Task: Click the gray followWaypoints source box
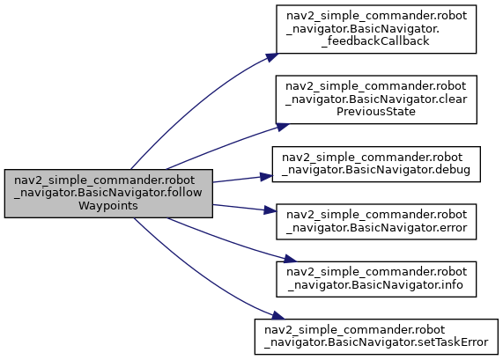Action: (x=108, y=194)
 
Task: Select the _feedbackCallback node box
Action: (x=376, y=29)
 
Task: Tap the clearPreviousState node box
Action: (x=376, y=99)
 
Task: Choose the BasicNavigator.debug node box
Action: (x=376, y=165)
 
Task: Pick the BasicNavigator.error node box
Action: (x=376, y=222)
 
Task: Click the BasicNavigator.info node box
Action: (x=376, y=279)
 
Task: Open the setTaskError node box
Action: (x=376, y=337)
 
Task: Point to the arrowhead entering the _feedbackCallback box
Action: (x=272, y=57)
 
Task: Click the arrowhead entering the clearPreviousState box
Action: (x=283, y=127)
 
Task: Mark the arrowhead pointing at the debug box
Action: (x=266, y=177)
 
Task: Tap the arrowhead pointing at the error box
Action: (x=270, y=210)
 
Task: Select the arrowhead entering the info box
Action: (x=290, y=259)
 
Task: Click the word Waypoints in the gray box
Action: (x=108, y=206)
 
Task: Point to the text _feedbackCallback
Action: (x=375, y=41)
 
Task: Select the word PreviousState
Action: (x=376, y=112)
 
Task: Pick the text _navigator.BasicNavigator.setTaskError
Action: (x=376, y=342)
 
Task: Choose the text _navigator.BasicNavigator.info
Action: (x=375, y=285)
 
